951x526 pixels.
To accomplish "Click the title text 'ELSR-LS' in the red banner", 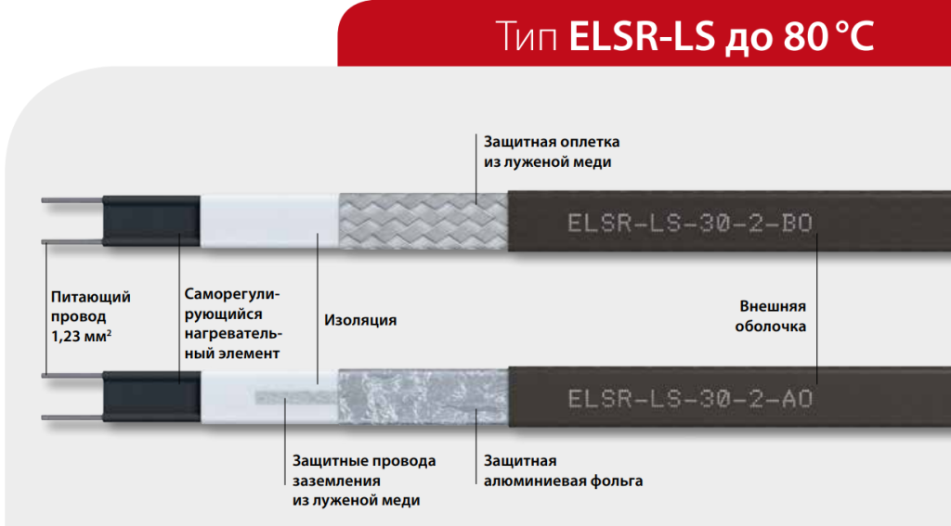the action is click(643, 36).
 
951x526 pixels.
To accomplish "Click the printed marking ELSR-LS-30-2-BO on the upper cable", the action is click(690, 223).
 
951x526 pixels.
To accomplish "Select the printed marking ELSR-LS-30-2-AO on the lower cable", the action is click(690, 399).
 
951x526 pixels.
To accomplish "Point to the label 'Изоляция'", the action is click(360, 321).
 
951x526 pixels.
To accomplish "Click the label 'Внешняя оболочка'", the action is click(771, 316).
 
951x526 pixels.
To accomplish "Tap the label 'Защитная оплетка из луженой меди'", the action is click(552, 151).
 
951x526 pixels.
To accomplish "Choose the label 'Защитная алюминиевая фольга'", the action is click(563, 471).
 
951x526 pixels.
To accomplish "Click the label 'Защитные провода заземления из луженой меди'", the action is click(364, 481).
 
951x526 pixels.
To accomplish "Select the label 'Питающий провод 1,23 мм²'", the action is click(90, 316).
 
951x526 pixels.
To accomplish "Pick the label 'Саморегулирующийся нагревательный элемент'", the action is click(233, 324).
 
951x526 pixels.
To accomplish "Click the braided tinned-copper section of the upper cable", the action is click(423, 221).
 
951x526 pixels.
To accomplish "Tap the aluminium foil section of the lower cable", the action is click(423, 398).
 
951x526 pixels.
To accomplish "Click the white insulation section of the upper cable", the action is click(269, 221).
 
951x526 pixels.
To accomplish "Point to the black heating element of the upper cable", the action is click(151, 221).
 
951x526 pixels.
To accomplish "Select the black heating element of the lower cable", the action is click(151, 396).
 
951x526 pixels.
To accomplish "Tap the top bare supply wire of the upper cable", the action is click(72, 200).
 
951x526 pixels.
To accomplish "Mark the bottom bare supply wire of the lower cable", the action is click(72, 417).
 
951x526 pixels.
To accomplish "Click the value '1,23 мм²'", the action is click(82, 336).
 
